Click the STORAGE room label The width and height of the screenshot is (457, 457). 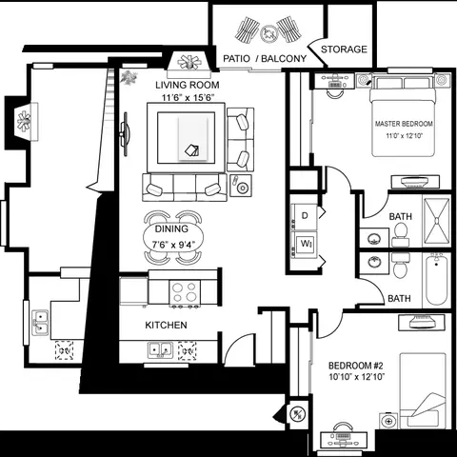coord(344,50)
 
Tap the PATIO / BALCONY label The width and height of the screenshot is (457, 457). coord(265,59)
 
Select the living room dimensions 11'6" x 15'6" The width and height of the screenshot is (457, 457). coord(189,97)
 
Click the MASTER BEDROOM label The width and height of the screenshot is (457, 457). coord(404,124)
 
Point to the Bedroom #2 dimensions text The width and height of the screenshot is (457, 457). coord(357,377)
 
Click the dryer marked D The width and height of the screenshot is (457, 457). coord(305,216)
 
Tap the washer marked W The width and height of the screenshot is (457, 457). coord(305,245)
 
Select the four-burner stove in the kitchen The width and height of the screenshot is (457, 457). coord(185,292)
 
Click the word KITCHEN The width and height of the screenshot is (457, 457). coord(166,325)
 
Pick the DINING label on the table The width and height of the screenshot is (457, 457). coord(171,228)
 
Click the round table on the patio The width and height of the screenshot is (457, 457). coord(268,33)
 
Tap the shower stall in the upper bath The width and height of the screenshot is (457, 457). coord(436,221)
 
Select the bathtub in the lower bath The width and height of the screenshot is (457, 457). coord(436,279)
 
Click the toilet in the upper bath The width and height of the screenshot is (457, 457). coord(401,234)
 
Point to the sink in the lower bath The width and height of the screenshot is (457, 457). coord(374,263)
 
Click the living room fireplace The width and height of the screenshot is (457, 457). coord(189,65)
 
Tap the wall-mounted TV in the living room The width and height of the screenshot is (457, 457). coord(125,134)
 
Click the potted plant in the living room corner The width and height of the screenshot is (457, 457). coord(129,78)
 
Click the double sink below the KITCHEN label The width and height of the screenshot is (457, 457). coord(160,350)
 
